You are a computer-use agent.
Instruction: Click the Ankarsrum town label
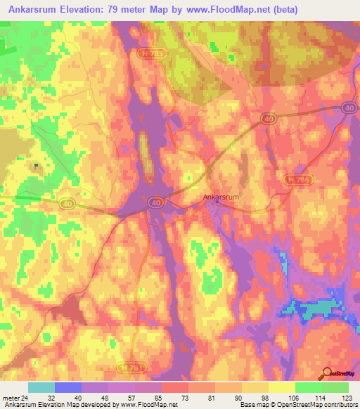221,197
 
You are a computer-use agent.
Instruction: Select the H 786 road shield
296,180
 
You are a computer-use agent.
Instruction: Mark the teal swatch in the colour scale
41,387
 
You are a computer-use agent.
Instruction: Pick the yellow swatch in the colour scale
281,387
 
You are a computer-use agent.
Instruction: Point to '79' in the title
121,10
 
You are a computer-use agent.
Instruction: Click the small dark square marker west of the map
36,167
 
